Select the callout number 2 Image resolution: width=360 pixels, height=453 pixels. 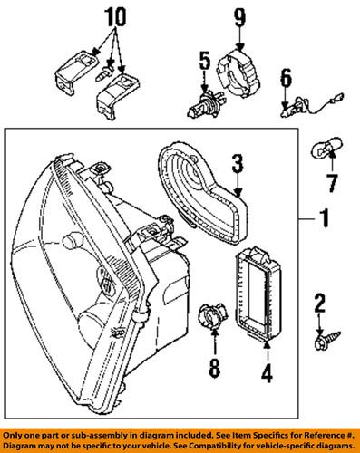click(319, 304)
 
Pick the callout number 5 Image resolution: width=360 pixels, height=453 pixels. click(204, 63)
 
